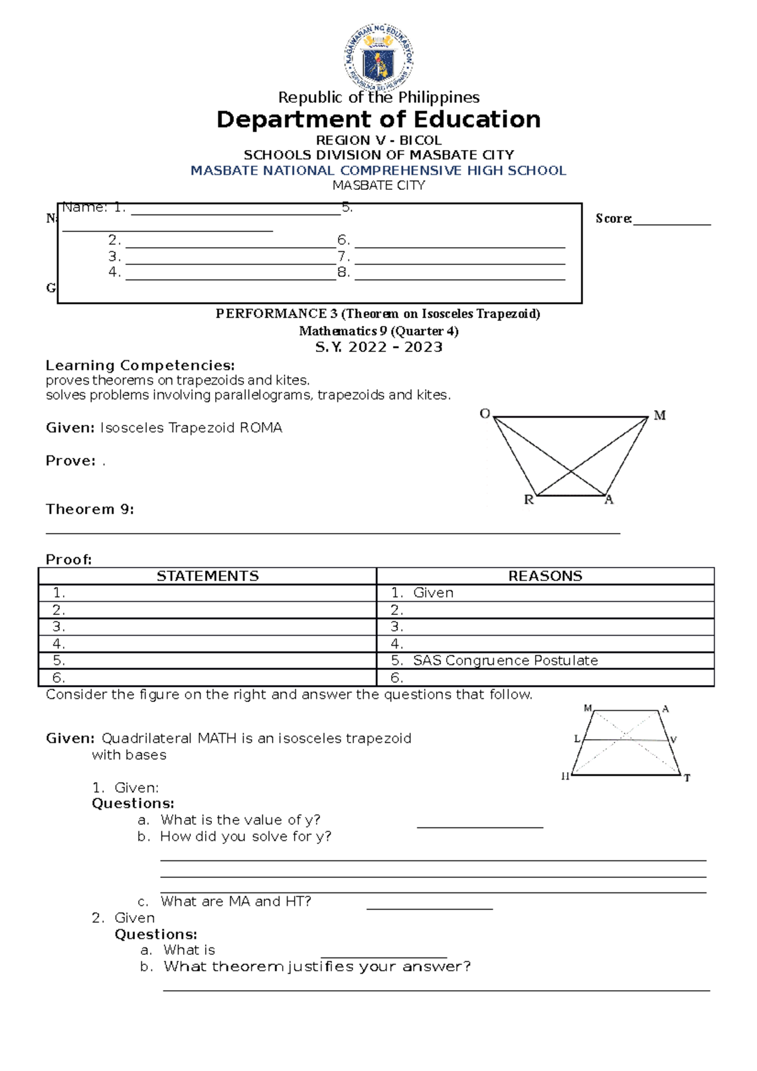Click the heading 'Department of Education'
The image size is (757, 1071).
click(378, 119)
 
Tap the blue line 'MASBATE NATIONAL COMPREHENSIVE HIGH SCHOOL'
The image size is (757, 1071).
click(378, 170)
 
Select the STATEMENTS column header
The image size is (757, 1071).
click(208, 576)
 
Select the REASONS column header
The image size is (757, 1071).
click(545, 576)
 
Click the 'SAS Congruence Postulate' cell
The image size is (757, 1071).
click(505, 660)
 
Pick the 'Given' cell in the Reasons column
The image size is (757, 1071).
click(433, 593)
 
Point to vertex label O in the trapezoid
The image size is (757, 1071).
click(484, 414)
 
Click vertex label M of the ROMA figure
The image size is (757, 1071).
click(659, 415)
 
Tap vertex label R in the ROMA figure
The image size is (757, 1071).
click(529, 500)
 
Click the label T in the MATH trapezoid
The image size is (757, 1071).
click(687, 778)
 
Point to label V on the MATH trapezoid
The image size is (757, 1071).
click(673, 740)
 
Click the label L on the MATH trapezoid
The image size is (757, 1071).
click(577, 739)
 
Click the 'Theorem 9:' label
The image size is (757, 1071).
click(90, 509)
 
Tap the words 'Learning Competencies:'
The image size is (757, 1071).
click(140, 365)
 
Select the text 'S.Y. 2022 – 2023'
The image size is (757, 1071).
click(378, 347)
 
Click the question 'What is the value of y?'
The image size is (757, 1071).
click(240, 820)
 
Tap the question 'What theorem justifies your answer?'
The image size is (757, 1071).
click(317, 966)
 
